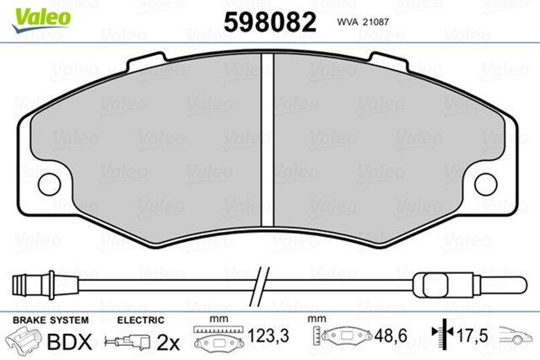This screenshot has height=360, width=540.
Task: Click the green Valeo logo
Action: click(x=41, y=20)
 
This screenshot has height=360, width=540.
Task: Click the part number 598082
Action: click(x=270, y=22)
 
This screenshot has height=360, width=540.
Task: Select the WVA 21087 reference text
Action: click(x=363, y=22)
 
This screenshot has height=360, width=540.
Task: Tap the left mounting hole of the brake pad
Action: click(x=49, y=185)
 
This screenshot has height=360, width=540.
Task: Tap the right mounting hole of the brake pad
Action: click(x=486, y=185)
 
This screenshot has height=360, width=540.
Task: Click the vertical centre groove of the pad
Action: click(x=267, y=140)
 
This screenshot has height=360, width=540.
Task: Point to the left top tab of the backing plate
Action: click(x=146, y=62)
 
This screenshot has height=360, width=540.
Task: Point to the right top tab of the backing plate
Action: click(x=389, y=62)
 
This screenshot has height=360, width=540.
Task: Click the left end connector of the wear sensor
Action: click(x=34, y=285)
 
